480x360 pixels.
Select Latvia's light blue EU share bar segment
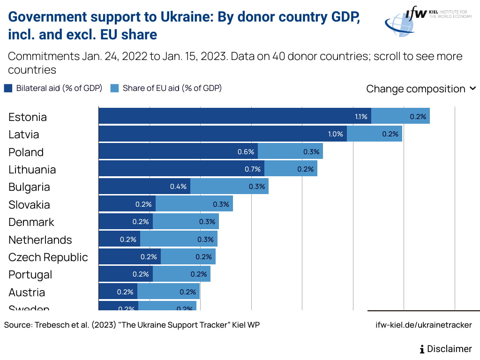[375, 134]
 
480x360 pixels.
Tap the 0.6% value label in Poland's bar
[246, 152]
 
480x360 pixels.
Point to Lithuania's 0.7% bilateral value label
[253, 169]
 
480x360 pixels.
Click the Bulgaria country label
[29, 187]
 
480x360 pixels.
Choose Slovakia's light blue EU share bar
[194, 204]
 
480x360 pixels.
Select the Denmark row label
[31, 222]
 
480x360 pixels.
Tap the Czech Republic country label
[48, 257]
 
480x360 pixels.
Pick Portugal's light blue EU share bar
[181, 274]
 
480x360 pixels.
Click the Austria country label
[27, 292]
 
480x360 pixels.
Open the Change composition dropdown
[421, 89]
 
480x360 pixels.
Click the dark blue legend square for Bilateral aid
[8, 88]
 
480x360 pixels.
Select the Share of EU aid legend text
[172, 88]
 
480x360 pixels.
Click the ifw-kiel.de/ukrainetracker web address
[424, 325]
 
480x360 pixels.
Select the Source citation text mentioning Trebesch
[132, 325]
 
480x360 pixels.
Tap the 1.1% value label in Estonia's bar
[361, 117]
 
